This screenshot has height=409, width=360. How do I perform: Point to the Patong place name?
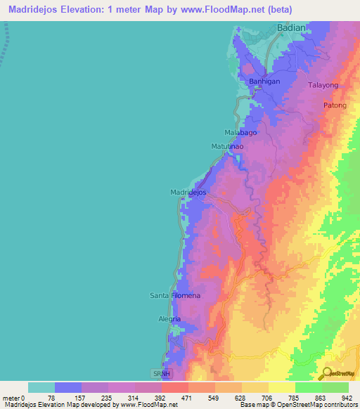335,105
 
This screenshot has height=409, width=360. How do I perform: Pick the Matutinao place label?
228,146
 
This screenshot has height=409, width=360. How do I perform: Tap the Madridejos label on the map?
188,192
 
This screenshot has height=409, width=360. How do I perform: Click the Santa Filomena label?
175,295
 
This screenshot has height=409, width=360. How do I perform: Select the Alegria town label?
169,319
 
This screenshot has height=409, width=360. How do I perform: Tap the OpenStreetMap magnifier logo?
328,372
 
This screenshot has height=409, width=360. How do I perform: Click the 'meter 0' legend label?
15,397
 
